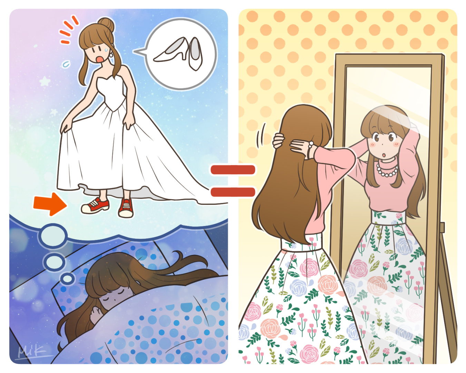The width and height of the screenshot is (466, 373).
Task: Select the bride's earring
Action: click(x=111, y=54)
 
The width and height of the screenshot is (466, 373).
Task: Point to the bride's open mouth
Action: click(x=100, y=58)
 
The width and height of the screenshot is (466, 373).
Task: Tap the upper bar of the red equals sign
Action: click(x=233, y=170)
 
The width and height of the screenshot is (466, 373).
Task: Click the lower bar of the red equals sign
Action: click(x=233, y=192)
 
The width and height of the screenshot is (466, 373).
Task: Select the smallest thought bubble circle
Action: click(x=67, y=278)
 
